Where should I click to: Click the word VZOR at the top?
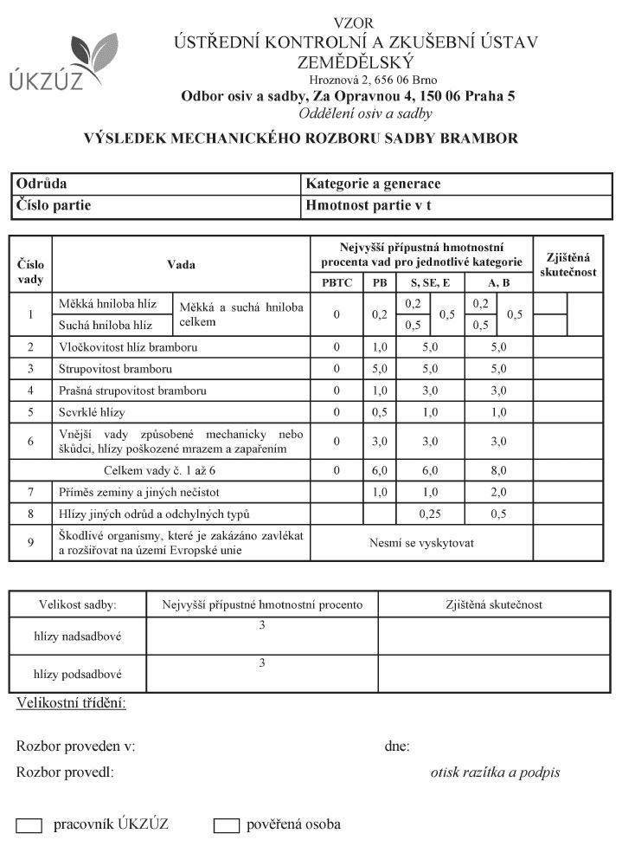click(x=356, y=23)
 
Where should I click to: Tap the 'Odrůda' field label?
click(x=42, y=184)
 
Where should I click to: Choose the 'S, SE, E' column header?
click(x=430, y=282)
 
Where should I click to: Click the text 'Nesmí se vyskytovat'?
click(x=421, y=543)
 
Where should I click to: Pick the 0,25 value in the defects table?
click(x=430, y=514)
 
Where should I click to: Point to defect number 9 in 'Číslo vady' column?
click(x=30, y=543)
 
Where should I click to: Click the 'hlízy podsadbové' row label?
click(x=77, y=673)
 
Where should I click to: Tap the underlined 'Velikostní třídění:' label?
click(x=71, y=702)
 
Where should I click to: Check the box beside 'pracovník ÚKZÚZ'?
click(x=29, y=826)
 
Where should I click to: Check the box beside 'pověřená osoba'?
click(x=227, y=826)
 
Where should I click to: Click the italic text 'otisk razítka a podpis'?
click(x=495, y=772)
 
